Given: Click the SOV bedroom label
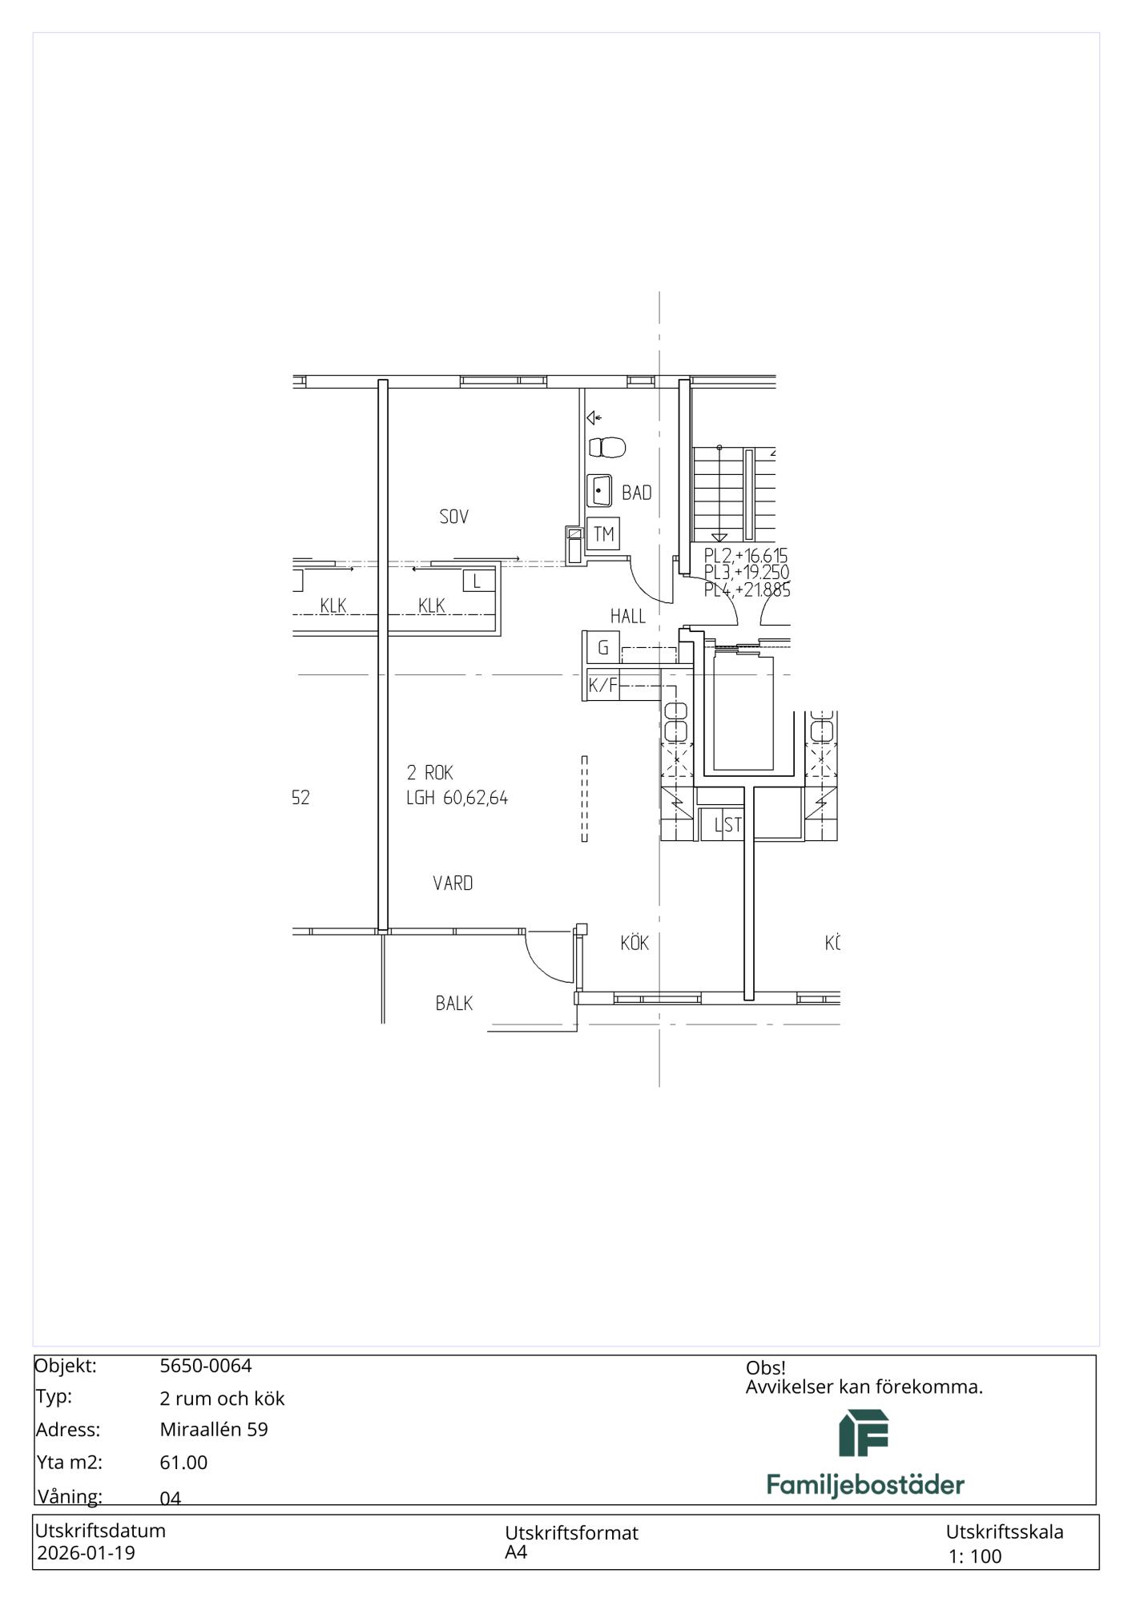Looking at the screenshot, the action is pyautogui.click(x=453, y=517).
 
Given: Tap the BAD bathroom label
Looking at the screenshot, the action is pyautogui.click(x=637, y=493).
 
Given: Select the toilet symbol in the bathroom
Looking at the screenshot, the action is pyautogui.click(x=608, y=447).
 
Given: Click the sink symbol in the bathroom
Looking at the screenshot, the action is pyautogui.click(x=601, y=490).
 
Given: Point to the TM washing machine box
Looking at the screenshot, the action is pyautogui.click(x=603, y=533).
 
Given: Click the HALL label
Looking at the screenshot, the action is pyautogui.click(x=628, y=616).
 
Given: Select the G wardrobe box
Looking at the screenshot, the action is pyautogui.click(x=602, y=647).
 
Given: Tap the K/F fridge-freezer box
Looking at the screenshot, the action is pyautogui.click(x=603, y=685).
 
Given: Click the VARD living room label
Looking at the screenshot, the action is pyautogui.click(x=453, y=883).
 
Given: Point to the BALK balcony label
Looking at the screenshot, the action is pyautogui.click(x=453, y=1003).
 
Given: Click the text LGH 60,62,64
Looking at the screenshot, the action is pyautogui.click(x=457, y=798).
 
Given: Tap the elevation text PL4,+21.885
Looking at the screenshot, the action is pyautogui.click(x=747, y=590).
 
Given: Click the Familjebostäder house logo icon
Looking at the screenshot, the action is pyautogui.click(x=864, y=1433).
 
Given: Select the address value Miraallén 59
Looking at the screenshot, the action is pyautogui.click(x=214, y=1429).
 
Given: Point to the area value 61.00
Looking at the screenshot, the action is pyautogui.click(x=183, y=1462).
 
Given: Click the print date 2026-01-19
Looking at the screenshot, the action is pyautogui.click(x=87, y=1553).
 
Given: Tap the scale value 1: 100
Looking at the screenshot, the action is pyautogui.click(x=975, y=1556).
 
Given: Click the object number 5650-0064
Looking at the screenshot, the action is pyautogui.click(x=206, y=1366).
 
